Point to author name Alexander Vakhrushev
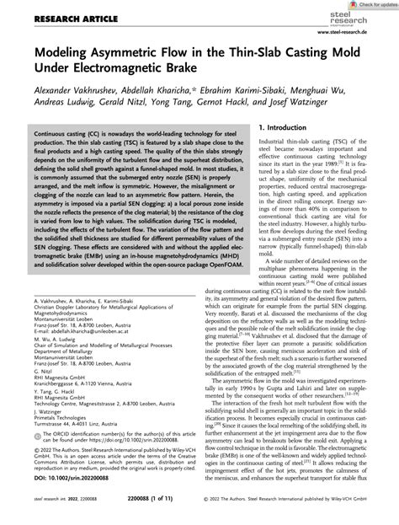click(x=66, y=94)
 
